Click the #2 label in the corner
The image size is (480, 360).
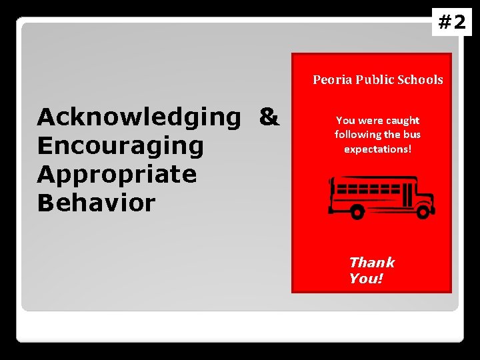[x=452, y=22]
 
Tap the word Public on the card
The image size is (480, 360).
[x=375, y=80]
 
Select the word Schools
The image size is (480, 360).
[x=421, y=80]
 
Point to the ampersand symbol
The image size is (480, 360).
[x=268, y=117]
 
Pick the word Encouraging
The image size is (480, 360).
[x=120, y=145]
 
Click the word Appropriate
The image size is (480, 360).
[x=117, y=175]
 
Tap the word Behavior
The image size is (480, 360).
[x=96, y=203]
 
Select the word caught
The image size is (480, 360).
[x=404, y=121]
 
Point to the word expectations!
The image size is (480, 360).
[x=378, y=149]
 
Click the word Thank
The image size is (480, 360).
[x=371, y=263]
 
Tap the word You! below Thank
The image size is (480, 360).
[x=366, y=279]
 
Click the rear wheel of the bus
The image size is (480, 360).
[x=357, y=212]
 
